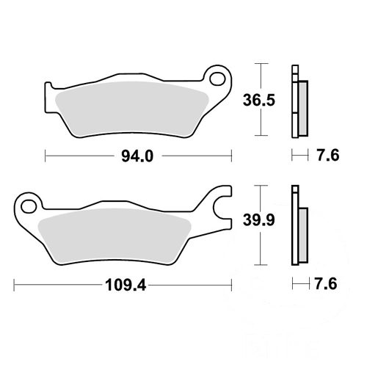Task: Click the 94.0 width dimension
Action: [x=137, y=156]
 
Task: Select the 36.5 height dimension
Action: [x=259, y=101]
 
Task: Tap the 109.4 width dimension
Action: [x=126, y=286]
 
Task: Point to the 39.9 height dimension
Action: [x=259, y=220]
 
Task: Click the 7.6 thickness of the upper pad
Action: [x=328, y=156]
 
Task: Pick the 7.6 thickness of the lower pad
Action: [x=326, y=284]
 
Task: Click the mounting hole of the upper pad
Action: [x=217, y=79]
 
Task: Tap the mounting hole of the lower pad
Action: [x=29, y=206]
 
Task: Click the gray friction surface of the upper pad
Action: [x=131, y=109]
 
